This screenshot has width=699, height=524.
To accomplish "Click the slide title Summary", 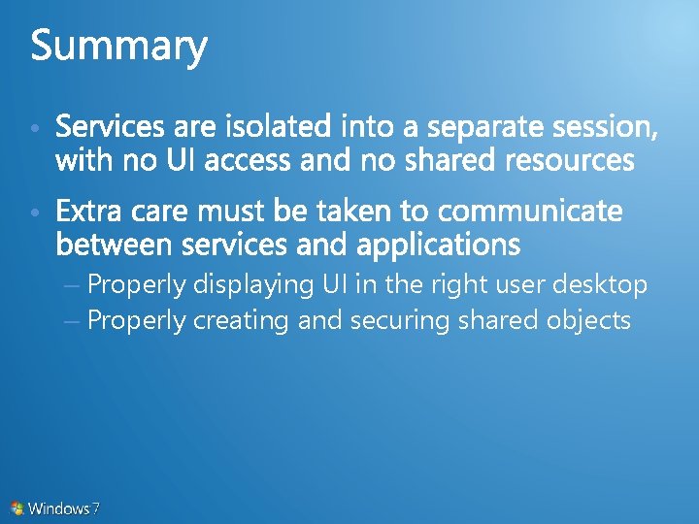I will (118, 47).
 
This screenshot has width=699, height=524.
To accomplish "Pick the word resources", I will (570, 159).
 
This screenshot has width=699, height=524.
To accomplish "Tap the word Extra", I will (90, 211).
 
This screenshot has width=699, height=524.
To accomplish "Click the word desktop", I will (599, 285).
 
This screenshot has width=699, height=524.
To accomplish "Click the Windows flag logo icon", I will (17, 508).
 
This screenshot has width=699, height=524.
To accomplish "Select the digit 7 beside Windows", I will (96, 508).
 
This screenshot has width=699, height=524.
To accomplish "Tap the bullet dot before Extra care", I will (34, 213).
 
